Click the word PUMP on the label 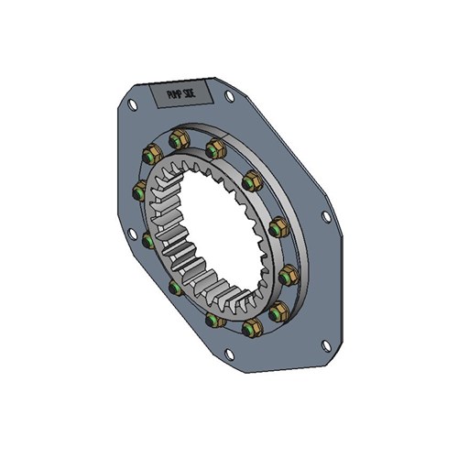pos(171,94)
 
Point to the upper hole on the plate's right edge pos(325,217)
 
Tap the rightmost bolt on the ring pos(288,273)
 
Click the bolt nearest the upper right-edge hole pos(276,224)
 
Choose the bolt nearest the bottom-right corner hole pos(274,313)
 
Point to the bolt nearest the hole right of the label pos(216,147)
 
